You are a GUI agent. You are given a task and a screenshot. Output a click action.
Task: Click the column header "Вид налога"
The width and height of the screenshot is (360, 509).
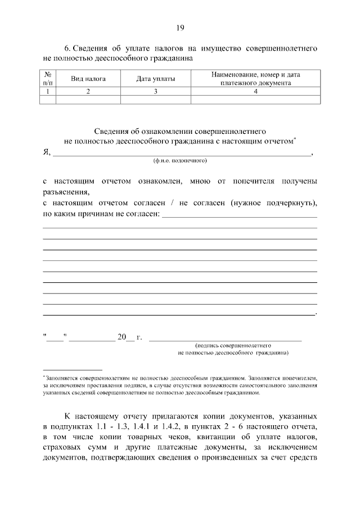pos(88,79)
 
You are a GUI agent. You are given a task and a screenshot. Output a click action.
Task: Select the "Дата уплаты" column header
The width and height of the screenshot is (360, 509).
pos(155,79)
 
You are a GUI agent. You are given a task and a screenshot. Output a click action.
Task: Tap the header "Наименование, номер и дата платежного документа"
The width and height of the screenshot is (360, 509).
pos(256,79)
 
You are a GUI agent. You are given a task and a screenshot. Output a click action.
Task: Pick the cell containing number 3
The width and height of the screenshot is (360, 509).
pos(155,91)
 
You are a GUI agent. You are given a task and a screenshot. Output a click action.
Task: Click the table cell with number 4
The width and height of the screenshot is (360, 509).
pos(256,91)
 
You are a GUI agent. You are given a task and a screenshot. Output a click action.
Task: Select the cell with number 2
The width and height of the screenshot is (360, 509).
pos(88,91)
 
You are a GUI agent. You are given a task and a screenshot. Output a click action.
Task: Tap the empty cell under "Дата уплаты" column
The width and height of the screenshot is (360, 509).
pos(155,100)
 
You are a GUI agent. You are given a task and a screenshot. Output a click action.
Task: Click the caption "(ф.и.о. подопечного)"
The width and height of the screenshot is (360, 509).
pos(180,161)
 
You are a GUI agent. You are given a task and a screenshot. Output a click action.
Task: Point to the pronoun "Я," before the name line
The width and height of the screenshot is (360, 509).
pos(47,152)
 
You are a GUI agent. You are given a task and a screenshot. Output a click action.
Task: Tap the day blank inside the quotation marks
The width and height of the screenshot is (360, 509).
pos(56,338)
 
